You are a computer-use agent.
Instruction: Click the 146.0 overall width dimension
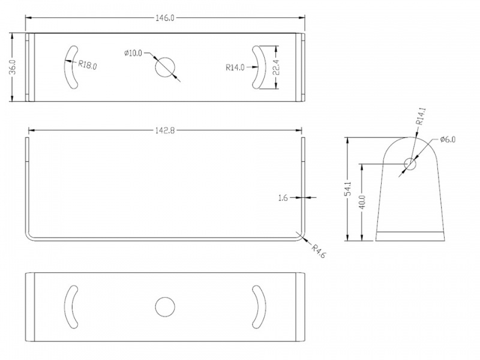point(165,18)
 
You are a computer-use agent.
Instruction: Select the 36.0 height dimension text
point(13,67)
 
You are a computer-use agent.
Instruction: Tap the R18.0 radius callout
point(88,65)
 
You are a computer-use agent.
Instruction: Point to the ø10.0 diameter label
point(133,53)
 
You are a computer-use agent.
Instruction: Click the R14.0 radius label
point(235,67)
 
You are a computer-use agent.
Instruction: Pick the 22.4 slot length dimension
point(276,67)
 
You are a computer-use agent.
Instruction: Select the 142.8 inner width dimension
point(165,131)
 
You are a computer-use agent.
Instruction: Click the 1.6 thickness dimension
point(283,198)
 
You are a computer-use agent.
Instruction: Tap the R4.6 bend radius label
point(319,251)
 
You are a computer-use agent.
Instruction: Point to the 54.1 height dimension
point(348,189)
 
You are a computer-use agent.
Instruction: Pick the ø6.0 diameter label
point(448,140)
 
